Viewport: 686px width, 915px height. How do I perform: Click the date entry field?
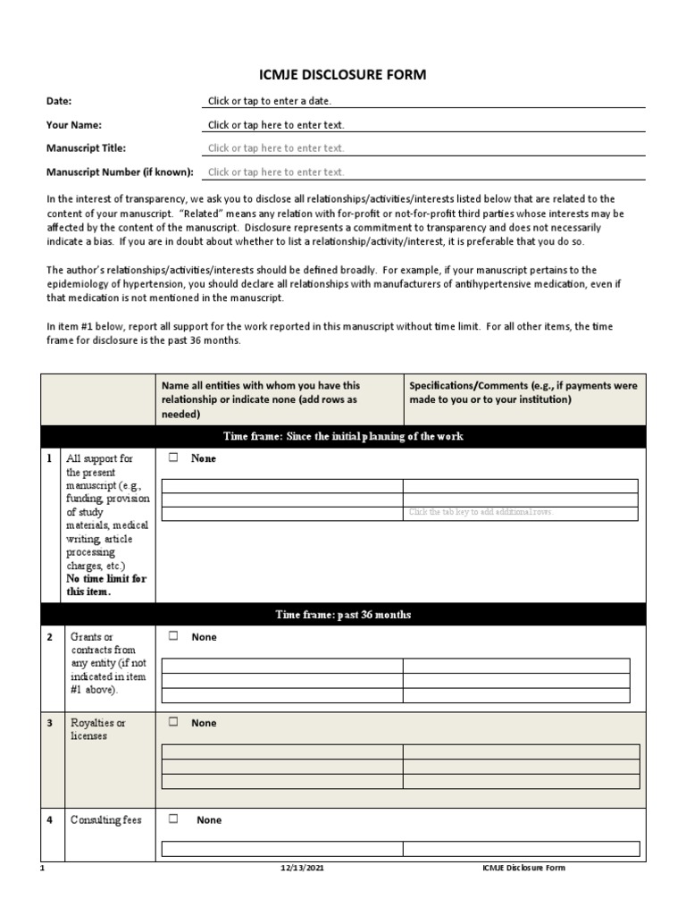point(425,102)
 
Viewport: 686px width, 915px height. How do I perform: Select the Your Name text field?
point(425,125)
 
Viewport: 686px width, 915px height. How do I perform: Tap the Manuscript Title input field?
point(425,148)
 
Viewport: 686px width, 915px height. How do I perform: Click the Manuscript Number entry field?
point(425,172)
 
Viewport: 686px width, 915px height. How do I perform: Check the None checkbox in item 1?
point(174,458)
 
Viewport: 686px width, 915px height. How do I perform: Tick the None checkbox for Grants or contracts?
point(174,636)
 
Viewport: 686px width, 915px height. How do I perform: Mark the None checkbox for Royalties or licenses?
point(174,722)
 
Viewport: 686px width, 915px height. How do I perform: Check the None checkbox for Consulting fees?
point(174,818)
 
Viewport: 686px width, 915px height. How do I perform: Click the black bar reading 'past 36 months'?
point(344,615)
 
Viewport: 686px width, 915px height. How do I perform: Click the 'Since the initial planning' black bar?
point(344,436)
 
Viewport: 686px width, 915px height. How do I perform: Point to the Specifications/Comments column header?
point(523,393)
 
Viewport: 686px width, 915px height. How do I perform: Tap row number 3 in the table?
point(50,723)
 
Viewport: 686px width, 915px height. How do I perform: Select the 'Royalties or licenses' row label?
point(98,729)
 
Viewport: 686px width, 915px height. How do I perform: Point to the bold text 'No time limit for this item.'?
point(106,584)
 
